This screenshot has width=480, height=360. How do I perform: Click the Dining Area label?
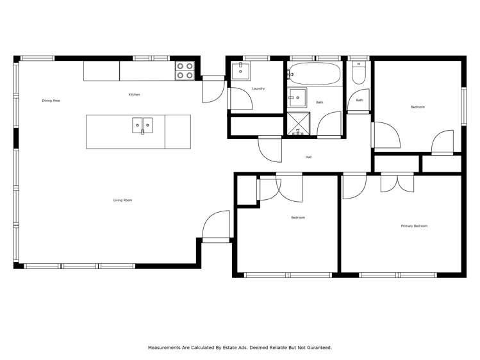coord(51,101)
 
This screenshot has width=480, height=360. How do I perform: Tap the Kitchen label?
coord(134,95)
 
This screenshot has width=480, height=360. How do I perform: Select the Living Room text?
coord(123,200)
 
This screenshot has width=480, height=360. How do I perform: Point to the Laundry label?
coord(258,88)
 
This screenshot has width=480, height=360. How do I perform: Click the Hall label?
coord(309,157)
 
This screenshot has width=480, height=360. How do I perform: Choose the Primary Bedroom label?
coord(414,226)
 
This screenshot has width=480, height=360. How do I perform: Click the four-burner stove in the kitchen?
coord(185,70)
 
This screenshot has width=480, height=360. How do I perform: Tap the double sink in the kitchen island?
coord(142,126)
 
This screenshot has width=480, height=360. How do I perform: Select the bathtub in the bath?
coord(315,74)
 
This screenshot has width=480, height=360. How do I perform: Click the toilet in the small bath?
coord(358,72)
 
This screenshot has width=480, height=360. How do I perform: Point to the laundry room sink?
coord(240,70)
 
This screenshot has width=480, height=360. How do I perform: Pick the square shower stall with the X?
coord(298,124)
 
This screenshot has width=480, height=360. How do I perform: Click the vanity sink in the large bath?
coord(298,97)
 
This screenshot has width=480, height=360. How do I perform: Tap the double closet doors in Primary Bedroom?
coord(397,183)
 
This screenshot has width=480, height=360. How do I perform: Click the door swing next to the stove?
coord(213,89)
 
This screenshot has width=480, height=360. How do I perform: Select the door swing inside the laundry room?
coord(241,98)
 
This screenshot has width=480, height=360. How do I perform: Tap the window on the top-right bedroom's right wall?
coord(464,106)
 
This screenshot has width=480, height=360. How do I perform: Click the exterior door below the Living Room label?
coord(216,226)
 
